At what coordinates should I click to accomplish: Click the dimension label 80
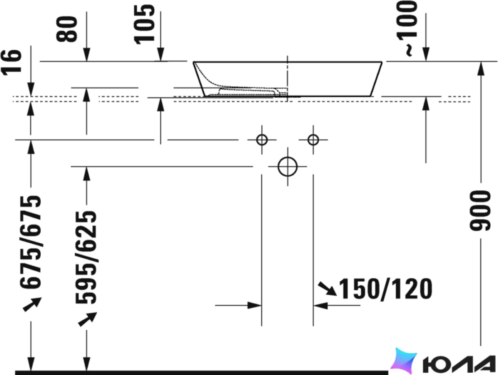pyautogui.click(x=67, y=29)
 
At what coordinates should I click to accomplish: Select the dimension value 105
pyautogui.click(x=144, y=24)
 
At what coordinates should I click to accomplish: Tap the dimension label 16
pyautogui.click(x=12, y=62)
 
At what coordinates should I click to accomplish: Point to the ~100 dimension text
pyautogui.click(x=406, y=29)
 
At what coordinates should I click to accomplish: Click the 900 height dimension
pyautogui.click(x=480, y=211)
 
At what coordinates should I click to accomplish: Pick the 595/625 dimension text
pyautogui.click(x=86, y=257)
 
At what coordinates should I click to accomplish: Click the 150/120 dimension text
pyautogui.click(x=386, y=289)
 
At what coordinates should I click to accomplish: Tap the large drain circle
pyautogui.click(x=287, y=167)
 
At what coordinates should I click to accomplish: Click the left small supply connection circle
pyautogui.click(x=262, y=139)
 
